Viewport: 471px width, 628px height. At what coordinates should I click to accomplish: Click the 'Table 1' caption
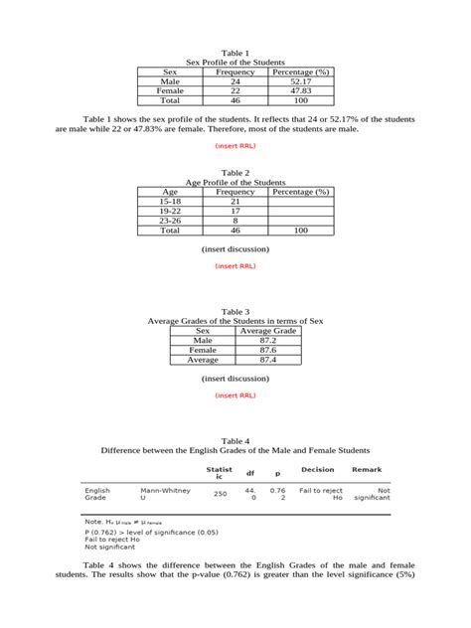pyautogui.click(x=235, y=53)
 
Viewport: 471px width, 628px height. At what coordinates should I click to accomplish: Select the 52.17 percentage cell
pyautogui.click(x=301, y=81)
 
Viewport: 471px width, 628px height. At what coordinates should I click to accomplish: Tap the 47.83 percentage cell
pyautogui.click(x=301, y=90)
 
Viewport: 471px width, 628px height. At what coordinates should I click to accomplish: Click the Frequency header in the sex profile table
pyautogui.click(x=235, y=72)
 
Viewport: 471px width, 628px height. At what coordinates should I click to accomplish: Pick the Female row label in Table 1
pyautogui.click(x=171, y=90)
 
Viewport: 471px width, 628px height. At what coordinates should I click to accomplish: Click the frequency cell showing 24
pyautogui.click(x=235, y=81)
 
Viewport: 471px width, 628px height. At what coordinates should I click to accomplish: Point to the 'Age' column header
pyautogui.click(x=171, y=191)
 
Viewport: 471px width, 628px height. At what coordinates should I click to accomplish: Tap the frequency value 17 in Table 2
pyautogui.click(x=235, y=211)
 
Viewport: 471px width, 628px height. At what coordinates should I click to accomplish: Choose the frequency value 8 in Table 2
pyautogui.click(x=235, y=220)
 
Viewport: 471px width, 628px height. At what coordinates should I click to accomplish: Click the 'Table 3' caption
pyautogui.click(x=235, y=312)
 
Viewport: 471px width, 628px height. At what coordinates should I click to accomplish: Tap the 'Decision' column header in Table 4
pyautogui.click(x=317, y=470)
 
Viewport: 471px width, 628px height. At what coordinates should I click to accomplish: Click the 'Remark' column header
pyautogui.click(x=367, y=470)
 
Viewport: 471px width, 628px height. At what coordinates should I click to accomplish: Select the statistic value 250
pyautogui.click(x=220, y=494)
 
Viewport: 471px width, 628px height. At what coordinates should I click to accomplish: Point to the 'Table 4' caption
pyautogui.click(x=235, y=440)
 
